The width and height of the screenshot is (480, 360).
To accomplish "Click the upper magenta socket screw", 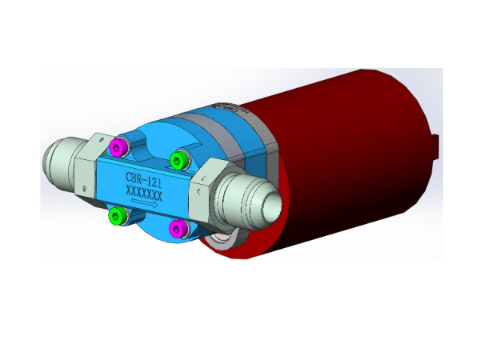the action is [x=118, y=147].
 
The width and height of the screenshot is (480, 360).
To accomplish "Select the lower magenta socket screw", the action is [x=178, y=228].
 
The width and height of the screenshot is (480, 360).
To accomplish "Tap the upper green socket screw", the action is [x=178, y=160].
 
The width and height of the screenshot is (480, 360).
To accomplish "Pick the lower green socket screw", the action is [x=117, y=215].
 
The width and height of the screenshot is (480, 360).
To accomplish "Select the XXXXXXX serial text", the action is [x=143, y=193].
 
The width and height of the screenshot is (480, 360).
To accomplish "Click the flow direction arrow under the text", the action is [x=145, y=202].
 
